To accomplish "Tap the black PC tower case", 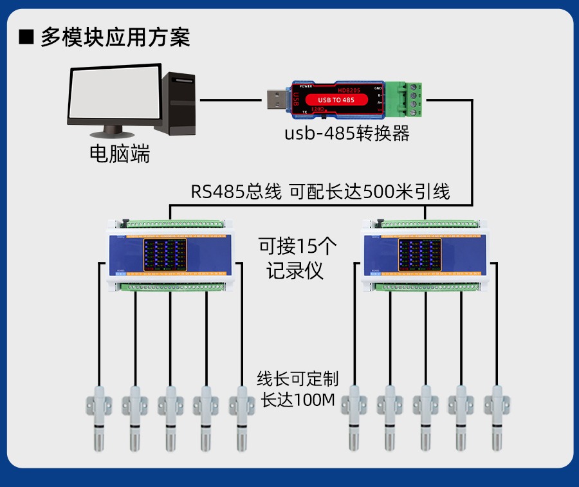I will (179, 103).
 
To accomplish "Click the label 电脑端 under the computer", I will (120, 154).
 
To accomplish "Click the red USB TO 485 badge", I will (336, 100).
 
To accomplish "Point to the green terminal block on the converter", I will (410, 99).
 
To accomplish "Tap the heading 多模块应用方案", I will (116, 37).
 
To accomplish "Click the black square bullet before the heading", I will (26, 37).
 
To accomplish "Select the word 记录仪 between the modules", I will (295, 271).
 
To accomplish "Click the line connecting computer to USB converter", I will (232, 100).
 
